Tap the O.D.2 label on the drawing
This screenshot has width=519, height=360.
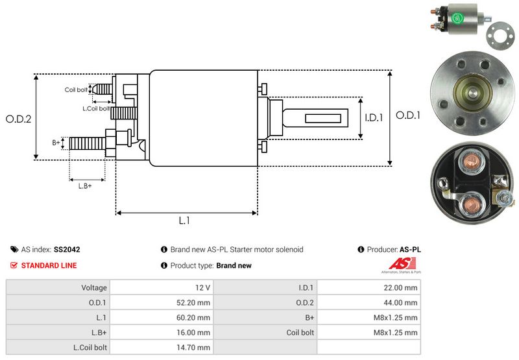point(19,119)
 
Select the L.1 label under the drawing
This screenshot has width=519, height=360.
point(184,221)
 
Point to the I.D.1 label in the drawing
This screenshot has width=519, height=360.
point(374,118)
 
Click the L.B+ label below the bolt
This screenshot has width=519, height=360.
point(85,186)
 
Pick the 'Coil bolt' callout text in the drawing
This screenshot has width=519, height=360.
point(75,90)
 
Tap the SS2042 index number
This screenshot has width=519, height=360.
point(67,249)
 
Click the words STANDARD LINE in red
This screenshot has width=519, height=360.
point(49,265)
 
